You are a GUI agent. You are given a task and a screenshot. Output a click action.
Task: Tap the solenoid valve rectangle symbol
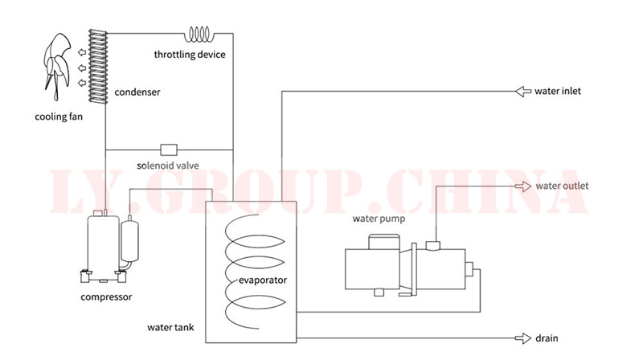click(x=169, y=149)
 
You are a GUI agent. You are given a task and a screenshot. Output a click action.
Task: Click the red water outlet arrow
click(x=523, y=186)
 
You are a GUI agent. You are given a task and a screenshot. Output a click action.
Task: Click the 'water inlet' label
click(x=558, y=91)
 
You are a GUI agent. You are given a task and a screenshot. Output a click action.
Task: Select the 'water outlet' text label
click(x=562, y=186)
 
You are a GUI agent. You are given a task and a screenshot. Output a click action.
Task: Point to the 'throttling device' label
click(x=190, y=55)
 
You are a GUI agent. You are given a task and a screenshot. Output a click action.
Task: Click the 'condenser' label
click(x=137, y=92)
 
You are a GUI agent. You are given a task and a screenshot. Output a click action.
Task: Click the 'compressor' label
click(x=106, y=297)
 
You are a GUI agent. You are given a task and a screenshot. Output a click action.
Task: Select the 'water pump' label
click(x=379, y=218)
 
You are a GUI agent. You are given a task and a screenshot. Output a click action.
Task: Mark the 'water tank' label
click(x=170, y=328)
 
